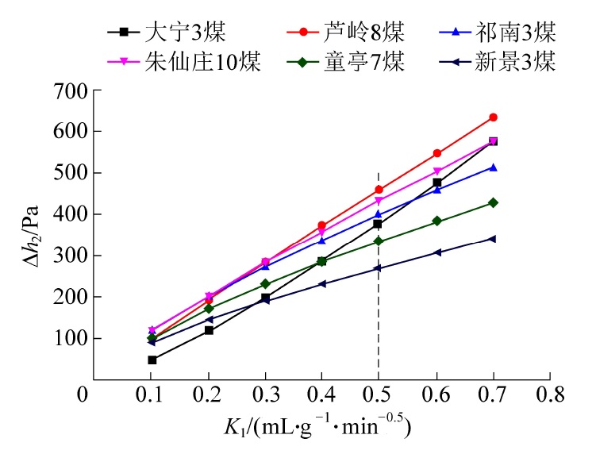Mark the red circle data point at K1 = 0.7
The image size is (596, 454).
(493, 117)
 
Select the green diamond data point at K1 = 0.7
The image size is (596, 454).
(493, 202)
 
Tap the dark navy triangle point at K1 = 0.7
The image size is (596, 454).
(493, 238)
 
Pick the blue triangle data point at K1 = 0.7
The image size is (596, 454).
(493, 167)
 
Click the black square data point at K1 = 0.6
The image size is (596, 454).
(436, 183)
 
